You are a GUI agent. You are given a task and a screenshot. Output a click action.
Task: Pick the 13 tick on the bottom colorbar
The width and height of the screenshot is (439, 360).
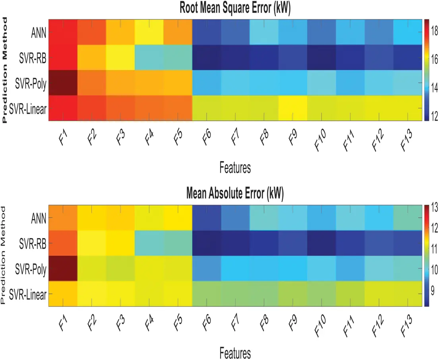(x=434, y=206)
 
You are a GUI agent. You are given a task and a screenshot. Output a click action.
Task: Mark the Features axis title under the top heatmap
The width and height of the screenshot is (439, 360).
(x=235, y=168)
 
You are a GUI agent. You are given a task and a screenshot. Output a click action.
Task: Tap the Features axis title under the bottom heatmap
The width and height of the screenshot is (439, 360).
(x=235, y=352)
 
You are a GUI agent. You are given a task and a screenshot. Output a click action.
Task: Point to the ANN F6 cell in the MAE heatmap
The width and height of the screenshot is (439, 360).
(x=207, y=218)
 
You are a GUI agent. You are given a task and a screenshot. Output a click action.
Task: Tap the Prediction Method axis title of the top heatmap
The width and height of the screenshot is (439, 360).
(x=5, y=70)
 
